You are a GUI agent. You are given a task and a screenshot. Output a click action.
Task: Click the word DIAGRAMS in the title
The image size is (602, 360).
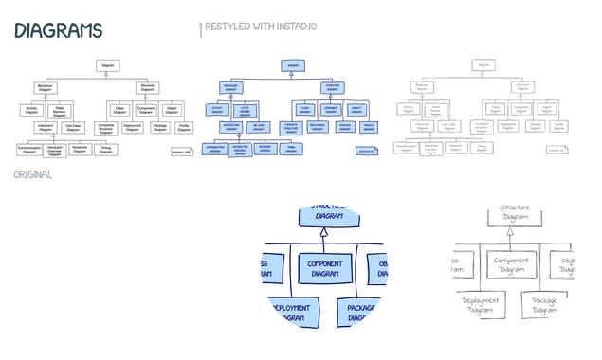[x=58, y=30]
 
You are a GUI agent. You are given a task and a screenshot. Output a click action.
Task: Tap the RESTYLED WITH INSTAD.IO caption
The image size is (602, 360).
[x=260, y=28]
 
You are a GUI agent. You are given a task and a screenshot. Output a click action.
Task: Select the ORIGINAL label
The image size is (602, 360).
[x=33, y=175]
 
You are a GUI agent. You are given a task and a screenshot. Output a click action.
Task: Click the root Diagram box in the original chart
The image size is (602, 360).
[x=106, y=65]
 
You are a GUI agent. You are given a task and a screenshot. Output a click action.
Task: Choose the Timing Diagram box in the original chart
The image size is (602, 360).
[x=106, y=149]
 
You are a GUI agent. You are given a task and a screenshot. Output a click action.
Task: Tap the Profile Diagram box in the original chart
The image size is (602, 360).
[x=184, y=127]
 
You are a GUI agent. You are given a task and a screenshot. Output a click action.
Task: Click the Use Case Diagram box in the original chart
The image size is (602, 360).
[x=73, y=127]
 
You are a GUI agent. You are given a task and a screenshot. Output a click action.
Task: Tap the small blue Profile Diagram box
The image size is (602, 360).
[x=368, y=127]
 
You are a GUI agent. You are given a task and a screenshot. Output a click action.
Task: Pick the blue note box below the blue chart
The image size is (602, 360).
[x=367, y=150]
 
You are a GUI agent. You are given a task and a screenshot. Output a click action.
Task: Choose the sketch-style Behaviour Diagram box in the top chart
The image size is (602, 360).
[x=421, y=87]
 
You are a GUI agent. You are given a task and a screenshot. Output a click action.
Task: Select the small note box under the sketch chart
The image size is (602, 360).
[x=556, y=149]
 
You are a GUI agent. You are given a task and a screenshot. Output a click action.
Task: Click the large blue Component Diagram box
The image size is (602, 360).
[x=324, y=268]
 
